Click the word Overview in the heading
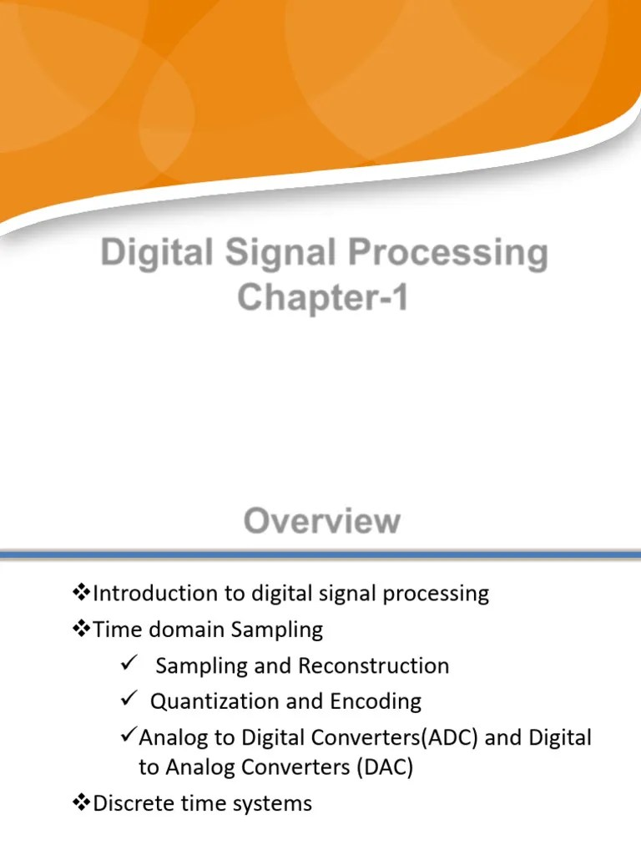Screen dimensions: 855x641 (x=321, y=522)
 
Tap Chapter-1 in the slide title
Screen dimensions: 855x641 (x=322, y=298)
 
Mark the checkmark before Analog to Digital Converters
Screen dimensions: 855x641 (x=127, y=737)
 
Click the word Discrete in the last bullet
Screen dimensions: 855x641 (x=132, y=803)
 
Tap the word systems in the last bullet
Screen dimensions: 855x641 (x=270, y=803)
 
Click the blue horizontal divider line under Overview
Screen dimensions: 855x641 (x=320, y=554)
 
